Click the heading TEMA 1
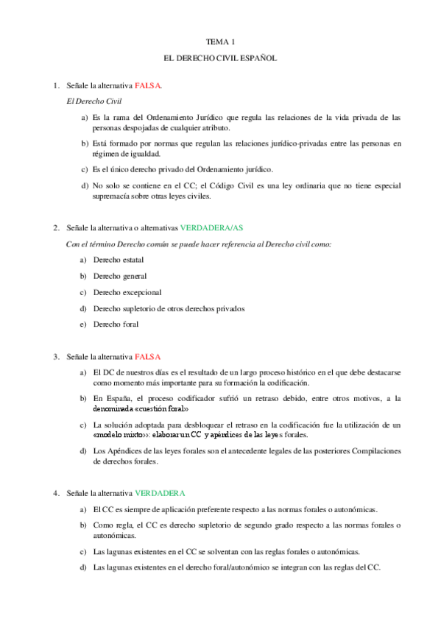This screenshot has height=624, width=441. coord(220,43)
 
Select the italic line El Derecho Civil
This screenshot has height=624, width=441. coord(94,100)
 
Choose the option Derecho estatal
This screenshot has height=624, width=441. coord(118,260)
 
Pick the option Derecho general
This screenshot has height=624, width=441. coord(119,276)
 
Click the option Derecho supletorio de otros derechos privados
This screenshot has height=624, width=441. coord(169,308)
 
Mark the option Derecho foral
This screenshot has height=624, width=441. coord(115,325)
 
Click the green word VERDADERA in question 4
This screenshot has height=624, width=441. coord(160,492)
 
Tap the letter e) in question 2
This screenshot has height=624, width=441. coord(84,325)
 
